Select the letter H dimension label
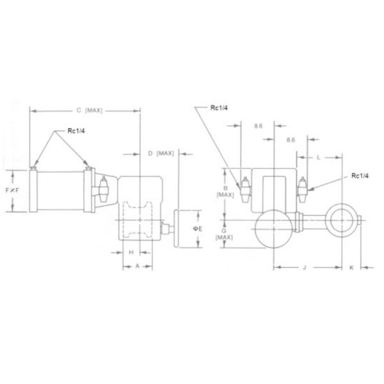click(131, 252)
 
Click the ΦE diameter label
click(198, 228)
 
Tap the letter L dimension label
click(319, 157)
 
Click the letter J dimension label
click(304, 269)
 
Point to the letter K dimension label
click(351, 269)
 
